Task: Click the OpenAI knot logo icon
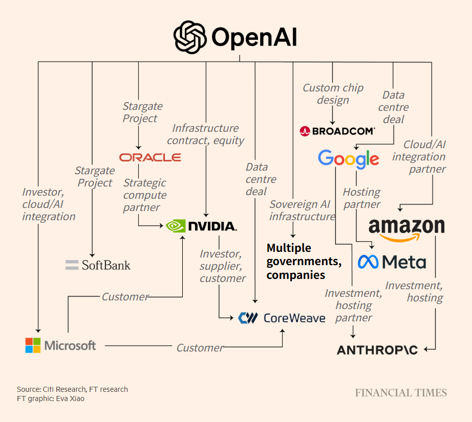coord(190,37)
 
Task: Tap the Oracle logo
coord(150,157)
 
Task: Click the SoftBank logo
coord(98,265)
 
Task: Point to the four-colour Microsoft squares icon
coord(33,345)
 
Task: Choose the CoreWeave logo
coord(282,318)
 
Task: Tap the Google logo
coord(348,158)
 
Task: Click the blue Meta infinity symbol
coord(368,262)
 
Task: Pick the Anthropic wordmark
coord(377,350)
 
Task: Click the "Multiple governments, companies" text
coord(304,262)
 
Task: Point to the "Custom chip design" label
coord(333,94)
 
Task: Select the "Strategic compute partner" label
coord(145,195)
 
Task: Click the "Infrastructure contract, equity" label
coord(205,134)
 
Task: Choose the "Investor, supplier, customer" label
coord(222,266)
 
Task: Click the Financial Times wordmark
coord(401,393)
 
